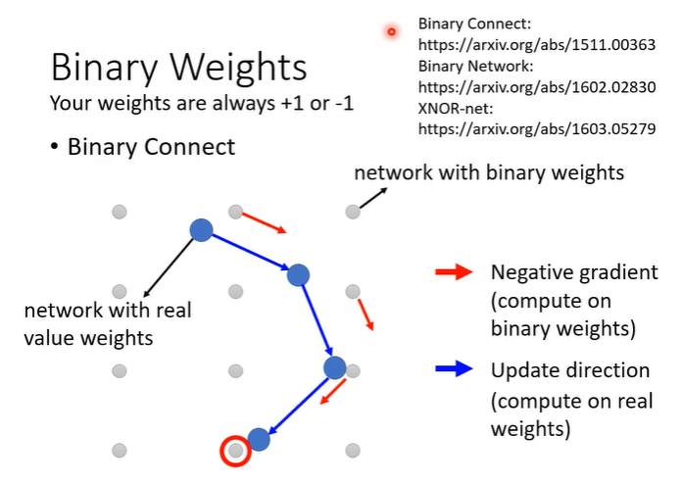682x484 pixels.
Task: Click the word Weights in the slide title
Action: tap(242, 69)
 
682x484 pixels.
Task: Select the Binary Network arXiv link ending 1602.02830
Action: tap(536, 85)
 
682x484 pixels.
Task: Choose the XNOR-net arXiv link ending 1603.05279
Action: tap(536, 127)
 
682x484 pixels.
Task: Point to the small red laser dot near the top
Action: tap(391, 31)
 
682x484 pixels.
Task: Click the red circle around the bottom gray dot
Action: tap(235, 451)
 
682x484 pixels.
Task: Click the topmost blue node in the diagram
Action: tap(201, 230)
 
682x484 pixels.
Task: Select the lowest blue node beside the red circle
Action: tap(259, 439)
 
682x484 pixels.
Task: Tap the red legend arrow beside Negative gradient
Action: tap(454, 273)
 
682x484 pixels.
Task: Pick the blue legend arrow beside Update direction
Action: tap(454, 370)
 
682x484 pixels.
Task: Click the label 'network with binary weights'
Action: tap(488, 173)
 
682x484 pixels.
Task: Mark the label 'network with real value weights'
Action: tap(108, 323)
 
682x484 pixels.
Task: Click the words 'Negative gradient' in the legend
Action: tap(573, 272)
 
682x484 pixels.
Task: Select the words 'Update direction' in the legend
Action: tap(569, 370)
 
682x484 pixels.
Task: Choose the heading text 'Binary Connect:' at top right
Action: tap(473, 23)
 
